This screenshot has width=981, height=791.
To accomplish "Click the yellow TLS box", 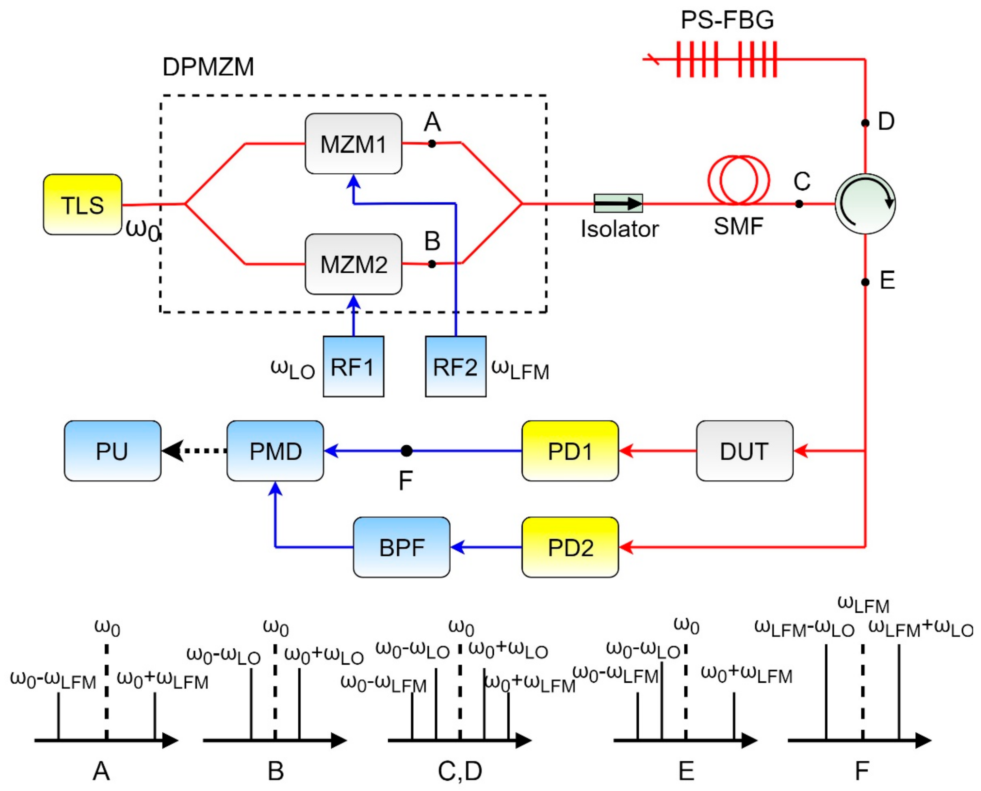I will (82, 205).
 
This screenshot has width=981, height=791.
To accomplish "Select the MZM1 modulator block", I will (354, 144).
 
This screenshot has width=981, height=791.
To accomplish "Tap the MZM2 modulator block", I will (354, 264).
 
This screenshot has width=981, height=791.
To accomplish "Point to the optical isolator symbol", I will (618, 203).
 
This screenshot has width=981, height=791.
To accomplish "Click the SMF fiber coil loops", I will (738, 180).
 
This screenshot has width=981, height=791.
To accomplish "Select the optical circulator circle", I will (865, 204).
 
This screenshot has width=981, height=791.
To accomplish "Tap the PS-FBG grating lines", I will (726, 59).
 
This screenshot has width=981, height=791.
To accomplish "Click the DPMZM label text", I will (208, 67).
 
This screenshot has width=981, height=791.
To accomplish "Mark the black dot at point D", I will (865, 123).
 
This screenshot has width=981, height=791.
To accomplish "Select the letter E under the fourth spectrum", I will (686, 771).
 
